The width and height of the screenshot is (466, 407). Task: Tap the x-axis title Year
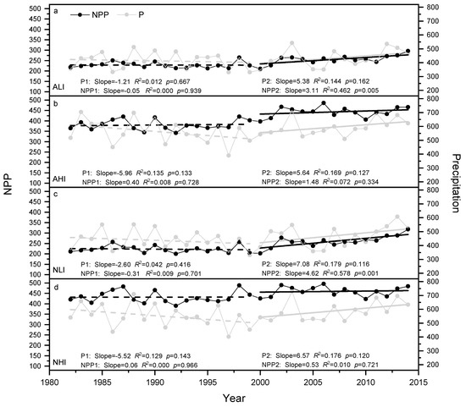tap(232, 397)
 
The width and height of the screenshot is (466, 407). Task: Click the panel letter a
tap(57, 11)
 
